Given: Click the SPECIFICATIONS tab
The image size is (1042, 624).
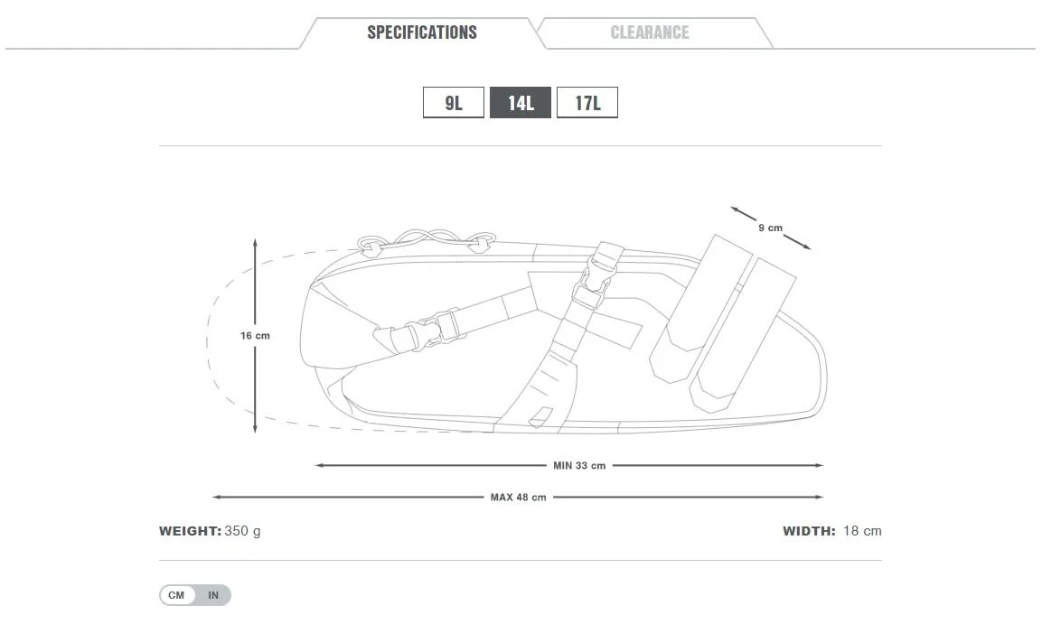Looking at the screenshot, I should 421,33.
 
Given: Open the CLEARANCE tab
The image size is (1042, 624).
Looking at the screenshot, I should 649,33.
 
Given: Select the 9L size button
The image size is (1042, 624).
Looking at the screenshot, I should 453,103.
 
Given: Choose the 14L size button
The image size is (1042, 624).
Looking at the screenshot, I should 521,103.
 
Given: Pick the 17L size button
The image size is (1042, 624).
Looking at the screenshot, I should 587,103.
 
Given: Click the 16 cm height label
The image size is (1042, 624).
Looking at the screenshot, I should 255,336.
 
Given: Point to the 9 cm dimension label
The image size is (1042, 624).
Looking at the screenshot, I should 770,228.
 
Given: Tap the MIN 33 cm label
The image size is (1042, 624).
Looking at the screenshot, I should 579,466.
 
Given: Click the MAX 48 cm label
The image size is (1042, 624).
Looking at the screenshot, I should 518,498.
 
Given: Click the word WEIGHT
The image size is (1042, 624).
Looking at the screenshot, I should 190,531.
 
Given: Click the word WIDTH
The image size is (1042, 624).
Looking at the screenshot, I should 809,531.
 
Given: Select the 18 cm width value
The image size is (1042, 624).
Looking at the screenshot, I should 862,531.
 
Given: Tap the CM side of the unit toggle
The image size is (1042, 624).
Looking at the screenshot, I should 176,595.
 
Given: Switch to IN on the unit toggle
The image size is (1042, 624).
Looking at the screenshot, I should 213,595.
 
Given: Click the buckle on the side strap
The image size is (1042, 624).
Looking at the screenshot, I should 425,331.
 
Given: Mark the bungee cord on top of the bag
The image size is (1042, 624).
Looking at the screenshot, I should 425,237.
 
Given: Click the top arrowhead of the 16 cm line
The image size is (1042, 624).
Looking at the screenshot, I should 255,242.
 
